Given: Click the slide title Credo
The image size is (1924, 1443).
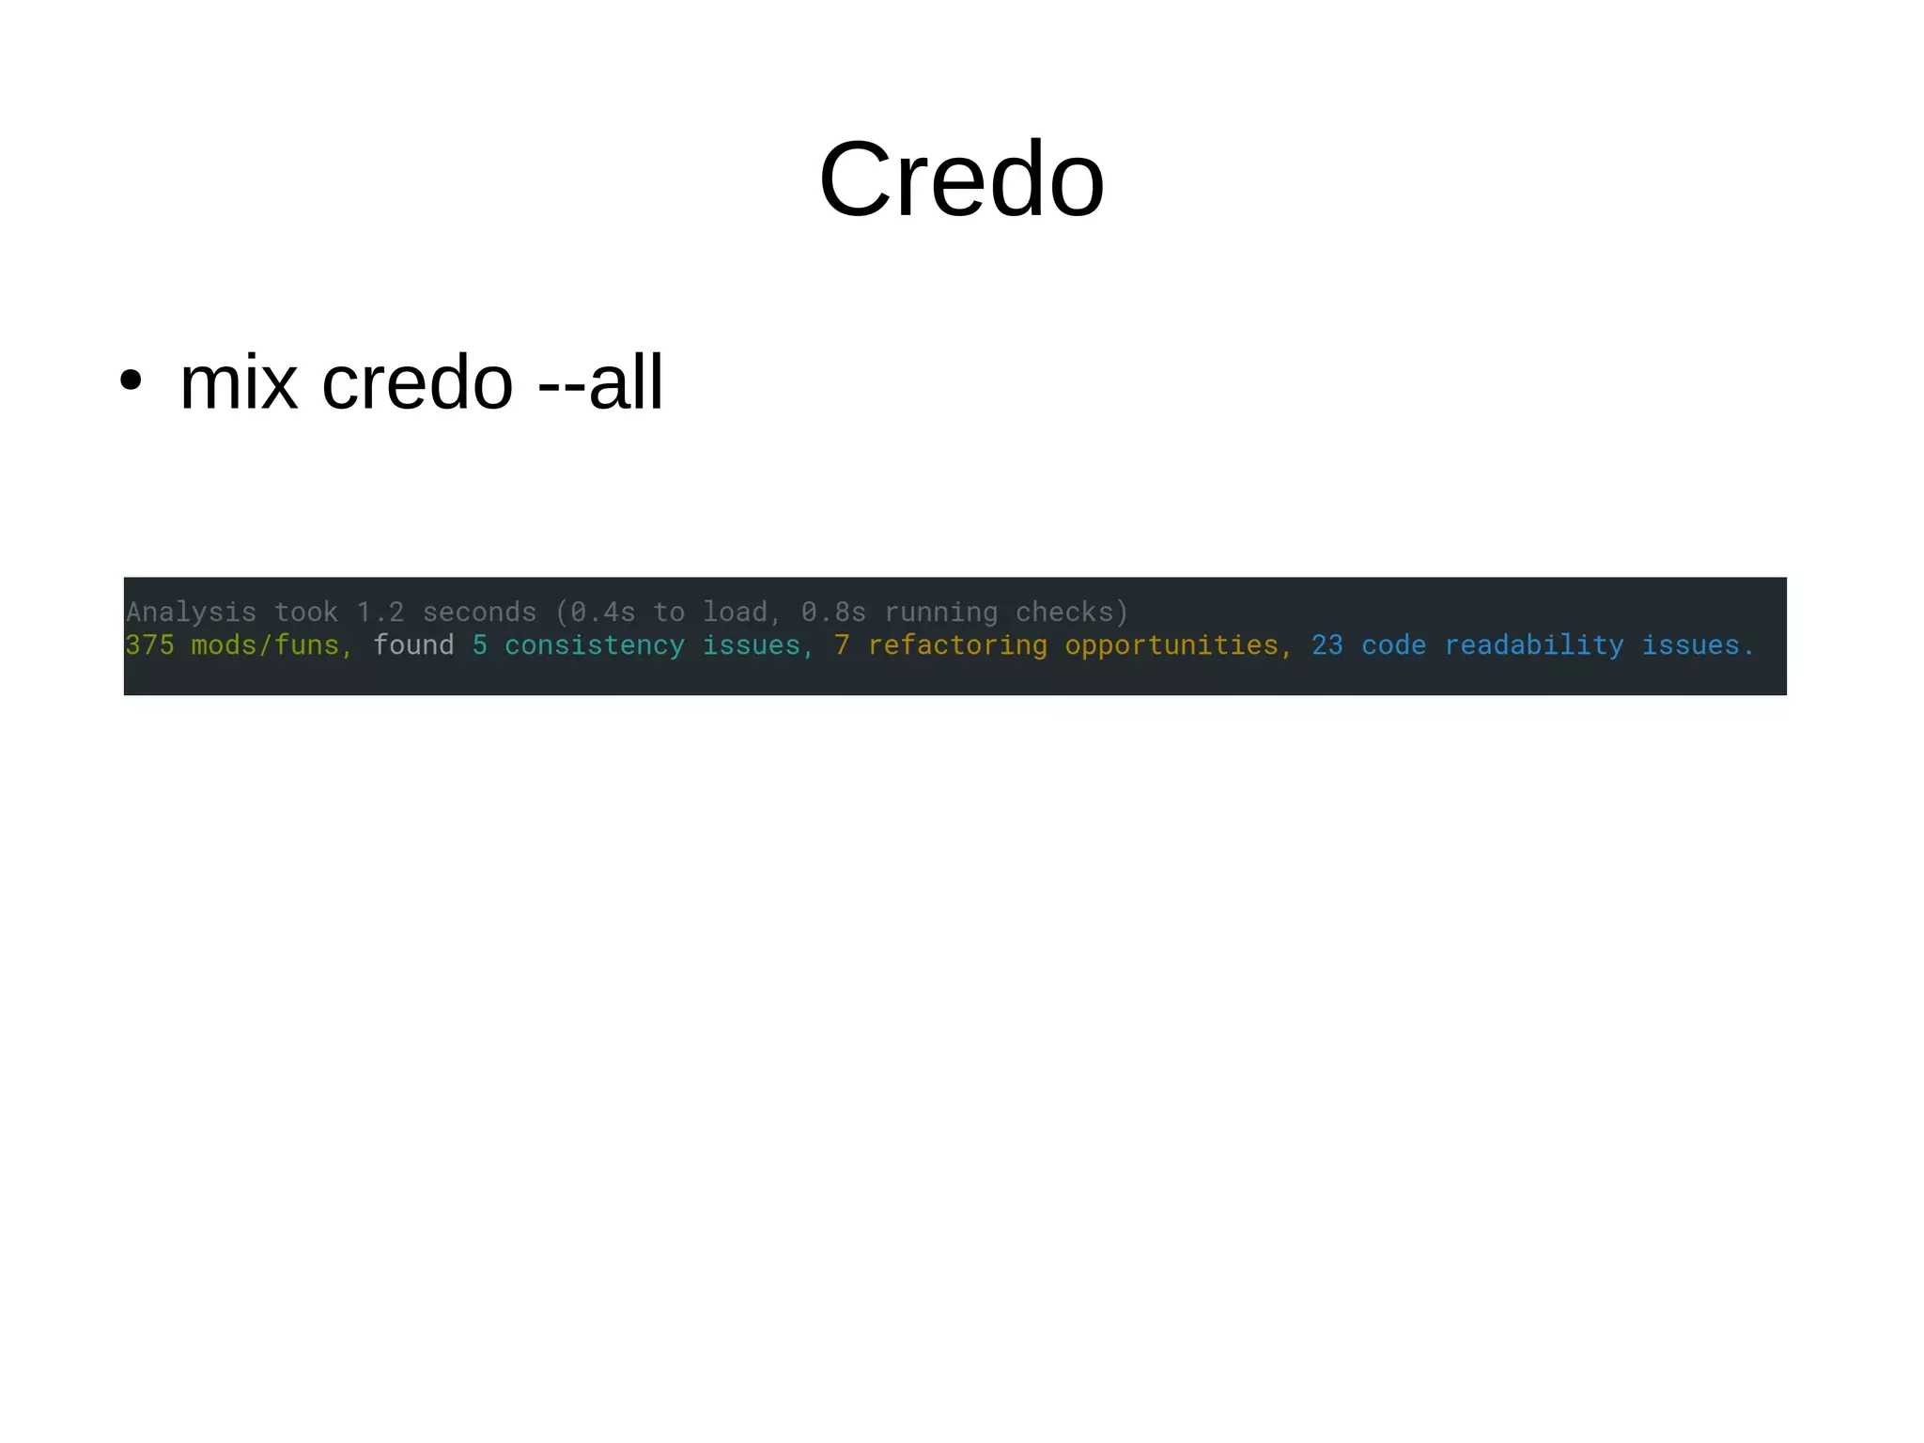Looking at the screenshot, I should click(x=961, y=179).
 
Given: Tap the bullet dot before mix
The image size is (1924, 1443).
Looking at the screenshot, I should click(x=131, y=380).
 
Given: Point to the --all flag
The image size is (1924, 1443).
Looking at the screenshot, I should click(x=600, y=383).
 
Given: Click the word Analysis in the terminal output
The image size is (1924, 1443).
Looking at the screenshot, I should click(x=191, y=613).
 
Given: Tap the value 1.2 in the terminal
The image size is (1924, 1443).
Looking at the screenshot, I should click(x=380, y=613).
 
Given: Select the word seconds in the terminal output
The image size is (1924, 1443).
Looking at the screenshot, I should click(x=479, y=613).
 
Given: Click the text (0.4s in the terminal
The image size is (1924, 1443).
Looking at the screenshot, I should click(x=596, y=613).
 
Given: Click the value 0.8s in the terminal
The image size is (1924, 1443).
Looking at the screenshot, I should click(x=833, y=613).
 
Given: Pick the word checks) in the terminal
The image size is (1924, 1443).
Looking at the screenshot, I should click(x=1072, y=613).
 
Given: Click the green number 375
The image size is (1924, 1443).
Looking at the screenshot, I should click(x=149, y=645).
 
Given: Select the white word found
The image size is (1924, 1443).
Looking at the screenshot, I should click(x=413, y=645).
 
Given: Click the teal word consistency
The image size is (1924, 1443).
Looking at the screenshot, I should click(x=595, y=645).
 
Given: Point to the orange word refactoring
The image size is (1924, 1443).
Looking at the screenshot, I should click(x=957, y=645).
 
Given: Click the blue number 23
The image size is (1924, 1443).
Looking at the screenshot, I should click(x=1327, y=645).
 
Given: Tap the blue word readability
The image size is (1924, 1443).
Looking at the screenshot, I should click(x=1534, y=645).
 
